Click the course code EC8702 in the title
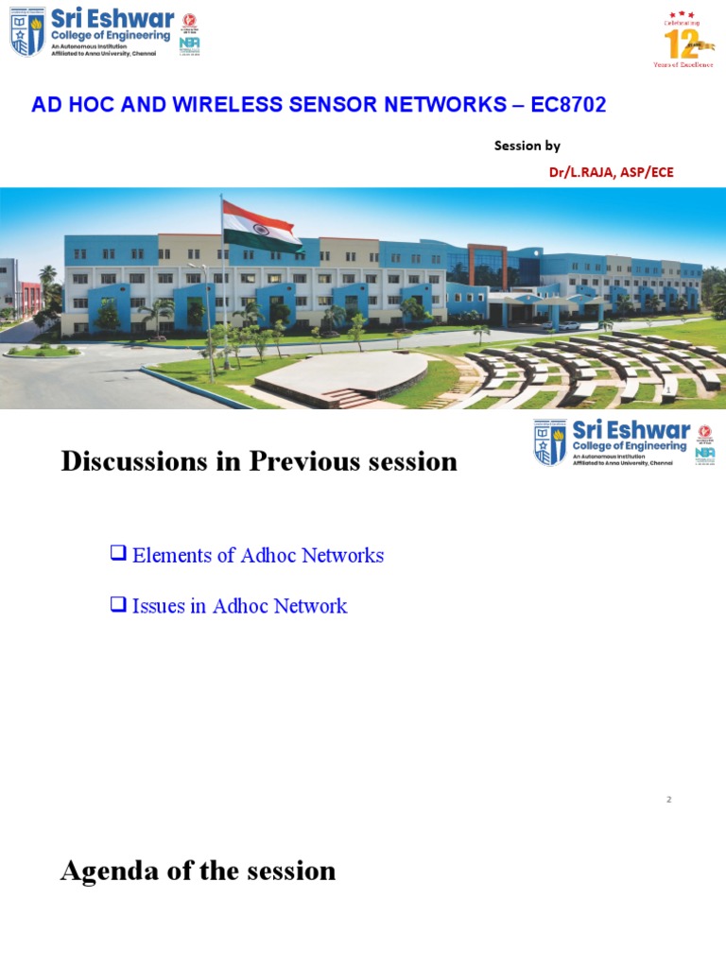coord(568,105)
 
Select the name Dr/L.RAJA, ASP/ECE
coord(611,172)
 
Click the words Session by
coord(527,146)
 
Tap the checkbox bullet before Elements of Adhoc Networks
coord(118,554)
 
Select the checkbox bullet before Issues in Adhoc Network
coord(118,605)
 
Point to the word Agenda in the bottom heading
coord(107,870)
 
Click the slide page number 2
coord(668,800)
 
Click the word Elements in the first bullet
coord(171,556)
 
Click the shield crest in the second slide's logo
coord(550,442)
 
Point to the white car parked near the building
coord(568,325)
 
